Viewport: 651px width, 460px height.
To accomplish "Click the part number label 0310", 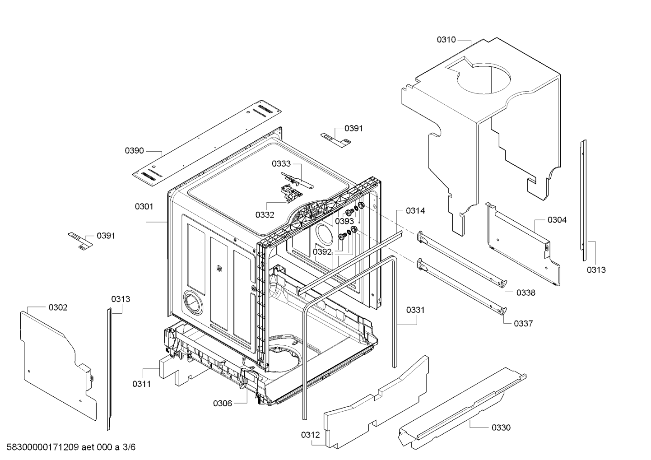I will [x=446, y=40].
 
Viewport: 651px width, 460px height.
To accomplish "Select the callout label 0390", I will [x=135, y=151].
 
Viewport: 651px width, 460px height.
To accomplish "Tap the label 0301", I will [x=144, y=207].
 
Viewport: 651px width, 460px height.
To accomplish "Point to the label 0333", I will [x=281, y=164].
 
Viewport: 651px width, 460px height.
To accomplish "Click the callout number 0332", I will [x=265, y=215].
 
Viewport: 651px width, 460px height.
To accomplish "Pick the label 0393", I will [x=344, y=221].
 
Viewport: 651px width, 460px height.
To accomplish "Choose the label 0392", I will [x=322, y=252].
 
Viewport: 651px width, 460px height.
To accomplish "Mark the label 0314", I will [x=415, y=211].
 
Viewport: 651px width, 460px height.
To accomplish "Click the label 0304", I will [x=557, y=220].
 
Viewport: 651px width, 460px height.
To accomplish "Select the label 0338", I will [x=526, y=293].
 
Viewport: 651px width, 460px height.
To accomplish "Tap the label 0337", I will [x=523, y=323].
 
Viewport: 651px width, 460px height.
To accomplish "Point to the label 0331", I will [x=415, y=310].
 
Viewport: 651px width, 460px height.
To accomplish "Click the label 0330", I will [x=501, y=427].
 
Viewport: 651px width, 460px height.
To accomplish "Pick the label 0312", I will [x=311, y=435].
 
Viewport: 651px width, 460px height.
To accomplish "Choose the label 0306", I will [x=223, y=403].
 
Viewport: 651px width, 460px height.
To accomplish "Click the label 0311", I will [x=142, y=384].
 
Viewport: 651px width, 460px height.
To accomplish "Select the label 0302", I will [x=58, y=307].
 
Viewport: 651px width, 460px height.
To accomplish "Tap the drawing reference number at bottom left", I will [x=68, y=447].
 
